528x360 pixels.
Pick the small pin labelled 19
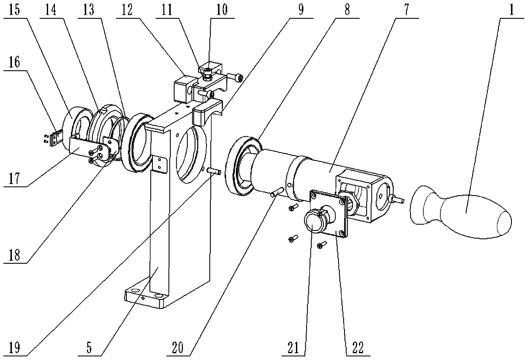tap(213, 171)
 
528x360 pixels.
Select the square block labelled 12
tap(181, 89)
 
